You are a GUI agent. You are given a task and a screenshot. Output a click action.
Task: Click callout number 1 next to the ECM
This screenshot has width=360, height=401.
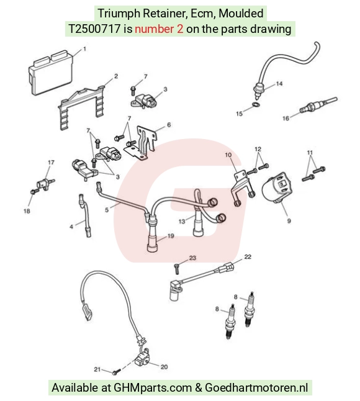tap(84, 49)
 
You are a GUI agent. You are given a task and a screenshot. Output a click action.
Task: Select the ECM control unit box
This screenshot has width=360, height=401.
tap(51, 72)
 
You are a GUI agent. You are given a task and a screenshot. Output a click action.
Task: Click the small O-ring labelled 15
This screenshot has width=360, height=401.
tap(256, 104)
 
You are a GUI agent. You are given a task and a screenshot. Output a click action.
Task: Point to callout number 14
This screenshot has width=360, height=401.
tap(279, 84)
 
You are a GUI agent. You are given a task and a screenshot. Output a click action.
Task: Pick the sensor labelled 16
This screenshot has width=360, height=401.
tap(318, 105)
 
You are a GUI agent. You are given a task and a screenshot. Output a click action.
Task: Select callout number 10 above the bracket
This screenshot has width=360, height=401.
tap(228, 155)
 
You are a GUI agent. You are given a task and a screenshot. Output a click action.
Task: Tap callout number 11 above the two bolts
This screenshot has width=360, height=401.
tap(310, 153)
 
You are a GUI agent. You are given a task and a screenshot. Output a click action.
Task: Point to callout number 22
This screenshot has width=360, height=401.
tap(248, 256)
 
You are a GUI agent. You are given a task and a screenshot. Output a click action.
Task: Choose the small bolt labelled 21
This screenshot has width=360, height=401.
tap(117, 371)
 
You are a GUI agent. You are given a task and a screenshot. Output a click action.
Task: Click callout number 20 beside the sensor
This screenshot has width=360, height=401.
tap(164, 367)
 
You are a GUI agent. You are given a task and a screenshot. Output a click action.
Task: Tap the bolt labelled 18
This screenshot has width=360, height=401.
tap(35, 191)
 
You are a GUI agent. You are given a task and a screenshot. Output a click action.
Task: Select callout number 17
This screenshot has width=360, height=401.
tap(51, 163)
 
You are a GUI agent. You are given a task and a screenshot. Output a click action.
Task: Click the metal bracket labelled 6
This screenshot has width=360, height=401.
tap(141, 143)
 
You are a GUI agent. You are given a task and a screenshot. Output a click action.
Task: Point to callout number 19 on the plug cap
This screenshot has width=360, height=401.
tap(171, 236)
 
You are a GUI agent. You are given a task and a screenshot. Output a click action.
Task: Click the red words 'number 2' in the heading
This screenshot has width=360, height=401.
tap(159, 29)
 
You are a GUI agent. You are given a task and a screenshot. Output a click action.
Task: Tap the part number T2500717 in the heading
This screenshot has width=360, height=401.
tap(94, 29)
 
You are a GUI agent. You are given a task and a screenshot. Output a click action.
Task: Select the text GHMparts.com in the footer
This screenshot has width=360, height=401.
tap(153, 388)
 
